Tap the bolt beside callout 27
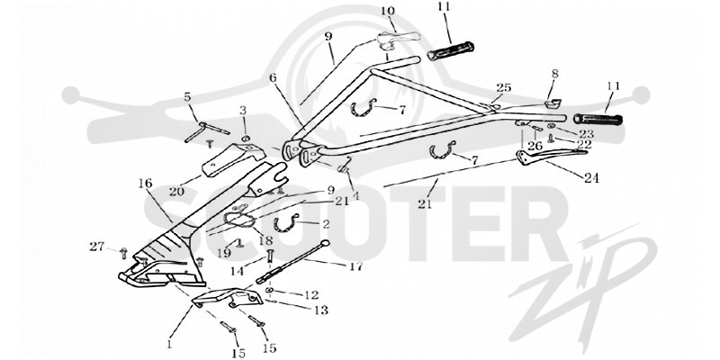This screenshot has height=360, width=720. [x=123, y=252]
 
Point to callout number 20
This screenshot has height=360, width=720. [x=177, y=191]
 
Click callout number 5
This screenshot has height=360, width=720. [x=187, y=97]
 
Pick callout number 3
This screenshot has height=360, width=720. [x=243, y=111]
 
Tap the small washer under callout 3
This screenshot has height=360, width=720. [x=246, y=139]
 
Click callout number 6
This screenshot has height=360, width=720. [x=274, y=78]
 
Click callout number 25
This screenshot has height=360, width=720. [x=504, y=87]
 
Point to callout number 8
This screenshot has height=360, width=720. [x=554, y=74]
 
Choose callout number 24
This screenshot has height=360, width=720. [x=591, y=177]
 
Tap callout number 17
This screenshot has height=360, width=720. [x=355, y=265]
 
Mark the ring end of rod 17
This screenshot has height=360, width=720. [x=326, y=243]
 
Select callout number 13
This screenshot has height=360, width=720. [x=321, y=310]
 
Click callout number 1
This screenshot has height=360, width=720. [x=169, y=343]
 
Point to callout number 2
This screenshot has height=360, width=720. [x=326, y=224]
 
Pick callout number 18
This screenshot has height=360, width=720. [x=265, y=239]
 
